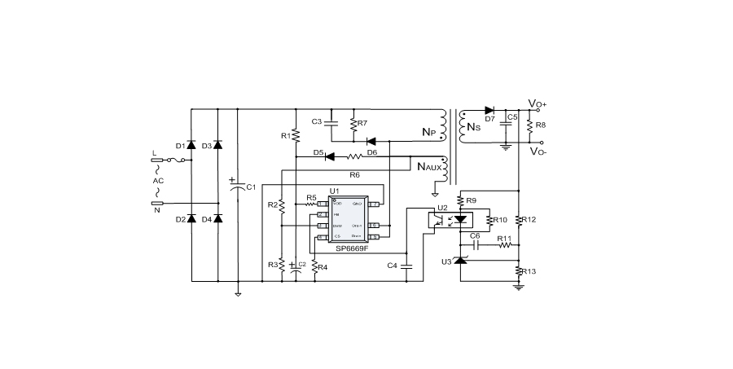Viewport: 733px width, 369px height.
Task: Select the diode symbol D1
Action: tap(191, 146)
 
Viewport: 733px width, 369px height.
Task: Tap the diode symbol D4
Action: tap(217, 219)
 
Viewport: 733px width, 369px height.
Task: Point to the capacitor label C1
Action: tap(251, 187)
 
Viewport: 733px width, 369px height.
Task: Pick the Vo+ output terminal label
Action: tap(538, 103)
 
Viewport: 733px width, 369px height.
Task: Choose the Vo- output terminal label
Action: tap(538, 151)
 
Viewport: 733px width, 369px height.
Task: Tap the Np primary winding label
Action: tap(429, 131)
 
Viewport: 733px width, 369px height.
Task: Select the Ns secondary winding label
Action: tap(472, 128)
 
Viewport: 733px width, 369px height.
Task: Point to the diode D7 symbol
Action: tap(489, 110)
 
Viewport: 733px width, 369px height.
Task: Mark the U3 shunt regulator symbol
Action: tap(460, 261)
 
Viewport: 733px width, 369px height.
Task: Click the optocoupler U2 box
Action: tap(446, 220)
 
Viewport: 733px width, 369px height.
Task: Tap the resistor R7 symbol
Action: tap(353, 124)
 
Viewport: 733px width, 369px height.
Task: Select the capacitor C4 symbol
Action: tap(408, 266)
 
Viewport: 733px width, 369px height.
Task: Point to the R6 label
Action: tap(353, 175)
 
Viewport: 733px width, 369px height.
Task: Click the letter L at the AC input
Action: tap(153, 152)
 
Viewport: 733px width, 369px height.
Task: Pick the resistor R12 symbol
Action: tap(519, 220)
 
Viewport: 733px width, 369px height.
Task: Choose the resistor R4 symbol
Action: tap(314, 266)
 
